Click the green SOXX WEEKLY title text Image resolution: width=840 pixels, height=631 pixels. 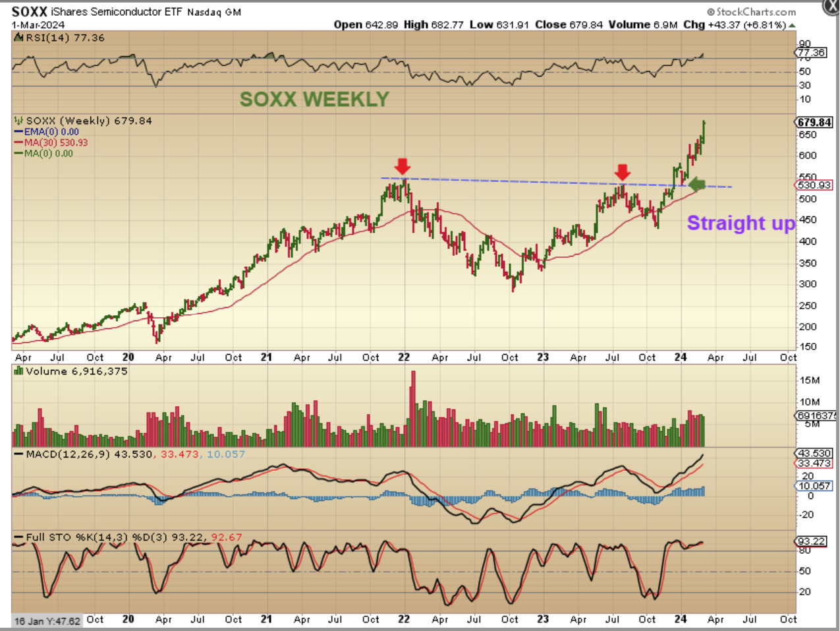click(x=314, y=99)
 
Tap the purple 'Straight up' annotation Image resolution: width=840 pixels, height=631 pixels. click(x=741, y=223)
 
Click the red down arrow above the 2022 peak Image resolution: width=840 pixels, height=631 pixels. click(x=403, y=165)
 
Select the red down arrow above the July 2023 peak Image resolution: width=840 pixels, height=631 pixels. click(x=622, y=172)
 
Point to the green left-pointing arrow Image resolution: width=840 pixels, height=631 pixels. click(x=696, y=185)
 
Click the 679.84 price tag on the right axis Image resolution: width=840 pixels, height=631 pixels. click(x=814, y=122)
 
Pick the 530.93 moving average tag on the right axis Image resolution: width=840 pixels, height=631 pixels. click(x=814, y=185)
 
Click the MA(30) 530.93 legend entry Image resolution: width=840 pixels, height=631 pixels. click(x=55, y=142)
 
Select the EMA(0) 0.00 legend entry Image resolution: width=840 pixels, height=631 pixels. click(x=51, y=132)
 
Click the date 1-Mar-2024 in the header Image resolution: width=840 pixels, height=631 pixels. click(x=38, y=25)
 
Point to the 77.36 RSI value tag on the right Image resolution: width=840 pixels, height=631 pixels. click(x=811, y=53)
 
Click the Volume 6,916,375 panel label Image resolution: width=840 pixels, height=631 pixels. click(x=76, y=371)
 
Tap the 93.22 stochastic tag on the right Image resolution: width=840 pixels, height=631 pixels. click(x=811, y=541)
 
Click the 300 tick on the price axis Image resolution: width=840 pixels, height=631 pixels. click(x=808, y=284)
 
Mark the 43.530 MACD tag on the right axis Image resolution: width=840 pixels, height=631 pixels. click(x=814, y=454)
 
